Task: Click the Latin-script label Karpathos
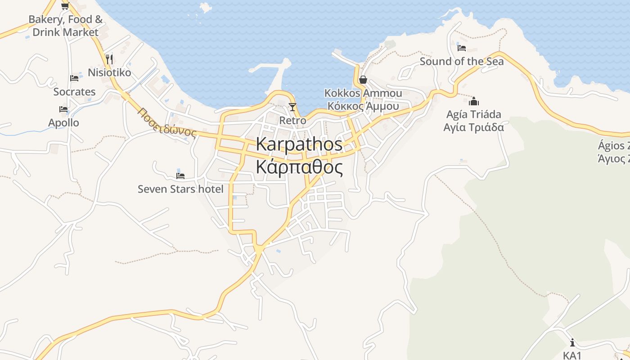coord(299,144)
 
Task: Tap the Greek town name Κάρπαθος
coord(299,167)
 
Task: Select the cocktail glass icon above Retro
coord(292,107)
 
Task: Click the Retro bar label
coord(292,121)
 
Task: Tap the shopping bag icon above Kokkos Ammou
coord(363,80)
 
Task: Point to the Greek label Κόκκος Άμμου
coord(363,106)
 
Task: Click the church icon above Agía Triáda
coord(473,101)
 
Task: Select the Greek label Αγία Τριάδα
coord(473,127)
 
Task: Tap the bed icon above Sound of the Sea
coord(461,48)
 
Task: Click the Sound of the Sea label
coord(461,62)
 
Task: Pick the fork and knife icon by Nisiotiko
coord(109,59)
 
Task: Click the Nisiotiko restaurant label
coord(109,72)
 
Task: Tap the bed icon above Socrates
coord(74,78)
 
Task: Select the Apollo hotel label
coord(63,123)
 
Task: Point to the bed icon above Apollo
coord(63,109)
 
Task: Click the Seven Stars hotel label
coord(180,189)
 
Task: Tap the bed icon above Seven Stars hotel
coord(180,175)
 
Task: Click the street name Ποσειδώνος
coord(167,122)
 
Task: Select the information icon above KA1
coord(572,342)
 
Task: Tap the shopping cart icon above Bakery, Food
coord(65,6)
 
